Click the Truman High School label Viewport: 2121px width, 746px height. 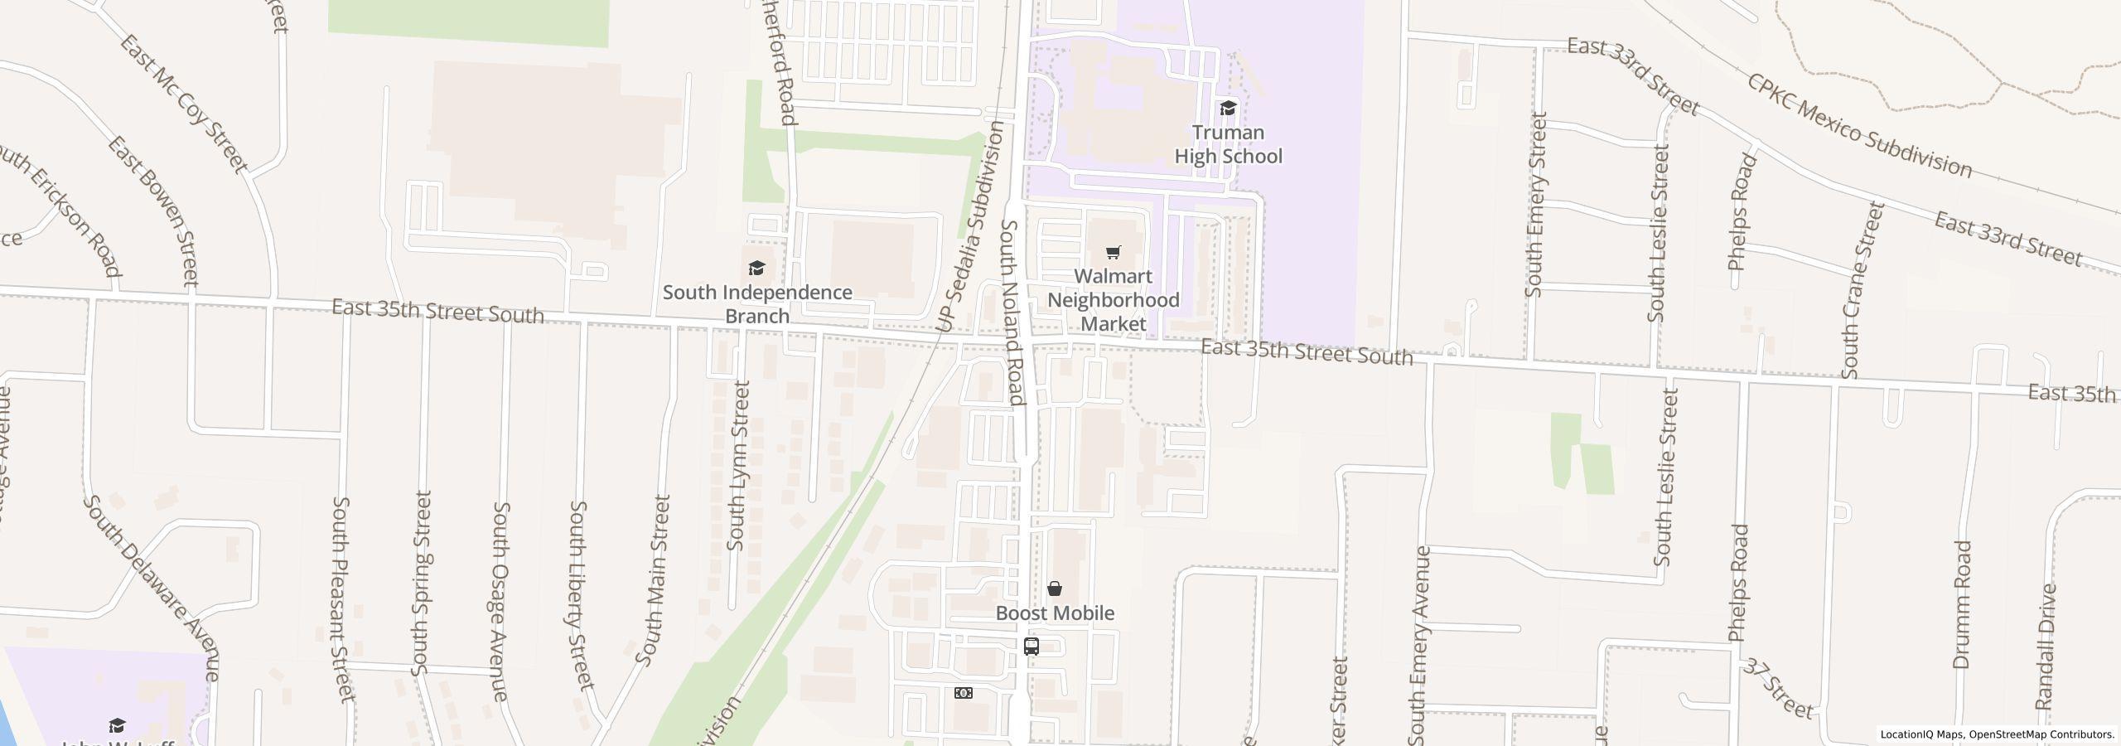[1228, 144]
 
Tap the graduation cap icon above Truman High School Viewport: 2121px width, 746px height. [1228, 109]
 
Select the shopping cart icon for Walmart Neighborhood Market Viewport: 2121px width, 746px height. [1113, 252]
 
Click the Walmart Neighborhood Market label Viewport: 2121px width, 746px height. [1113, 299]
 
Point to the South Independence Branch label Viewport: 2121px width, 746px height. [756, 303]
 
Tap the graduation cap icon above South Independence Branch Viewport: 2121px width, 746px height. [756, 268]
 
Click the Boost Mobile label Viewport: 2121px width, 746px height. [1054, 613]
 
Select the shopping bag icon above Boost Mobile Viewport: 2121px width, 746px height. [1054, 589]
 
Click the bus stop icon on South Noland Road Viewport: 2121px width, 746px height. [1031, 647]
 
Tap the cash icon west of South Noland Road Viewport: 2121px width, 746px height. [963, 693]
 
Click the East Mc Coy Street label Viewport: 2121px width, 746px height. [182, 104]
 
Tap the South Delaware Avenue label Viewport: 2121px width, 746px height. [152, 589]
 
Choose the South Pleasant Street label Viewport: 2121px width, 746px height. [343, 598]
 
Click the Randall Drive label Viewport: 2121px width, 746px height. [2046, 647]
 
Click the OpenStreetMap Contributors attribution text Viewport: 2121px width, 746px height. [2041, 734]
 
